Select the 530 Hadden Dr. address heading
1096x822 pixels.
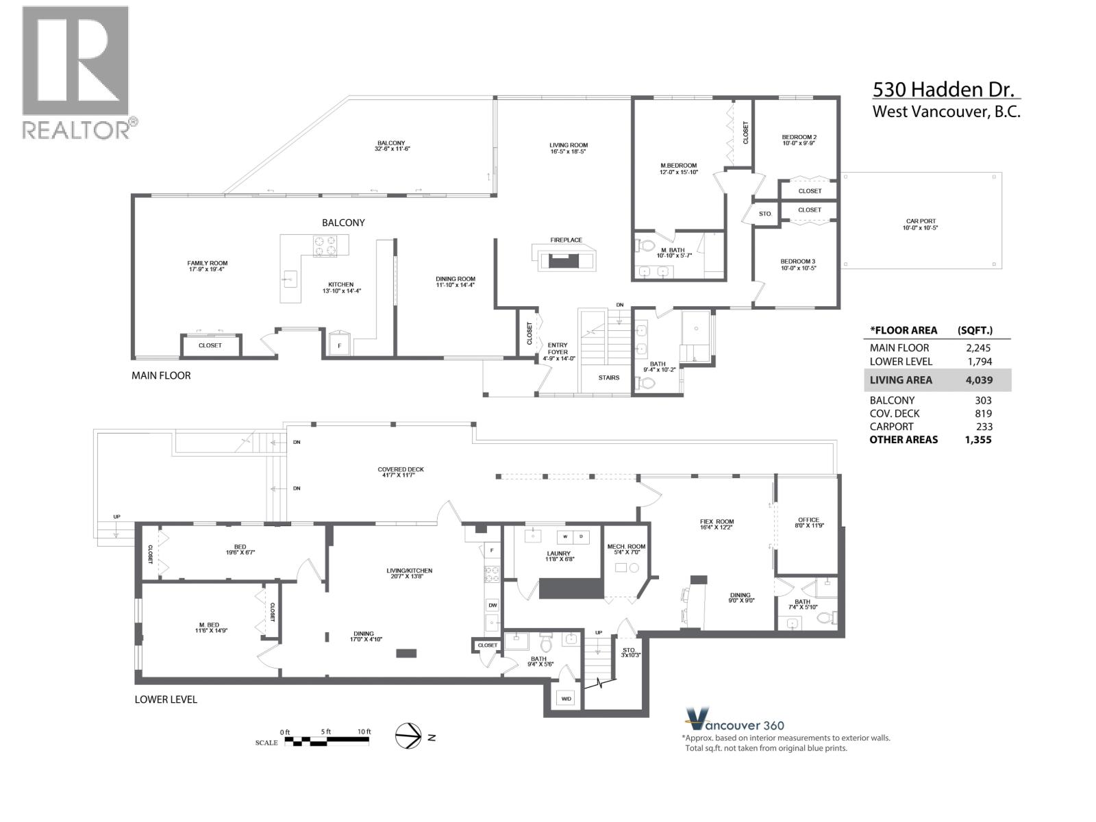click(945, 90)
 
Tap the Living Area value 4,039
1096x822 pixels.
click(978, 380)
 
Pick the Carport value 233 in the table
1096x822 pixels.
click(983, 426)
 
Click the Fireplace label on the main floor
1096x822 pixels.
click(566, 240)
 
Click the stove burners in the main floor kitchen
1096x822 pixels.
click(325, 245)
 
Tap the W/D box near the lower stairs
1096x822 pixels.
click(566, 699)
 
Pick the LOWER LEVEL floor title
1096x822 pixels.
click(166, 699)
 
